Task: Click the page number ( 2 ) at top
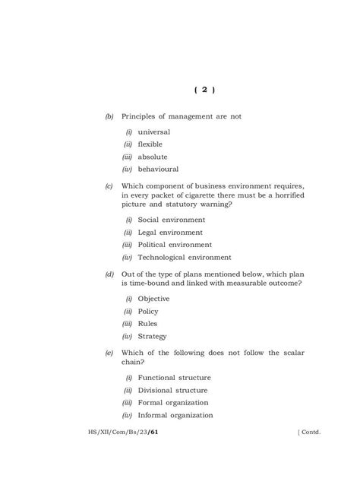[205, 90]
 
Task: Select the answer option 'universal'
[153, 132]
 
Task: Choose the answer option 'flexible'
[150, 144]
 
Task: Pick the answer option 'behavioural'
[158, 169]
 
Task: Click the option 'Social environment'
[172, 220]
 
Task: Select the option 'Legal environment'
[170, 232]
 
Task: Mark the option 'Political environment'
[175, 245]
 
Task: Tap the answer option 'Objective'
[153, 299]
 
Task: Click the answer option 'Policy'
[148, 311]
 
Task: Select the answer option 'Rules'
[147, 324]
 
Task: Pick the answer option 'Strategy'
[152, 336]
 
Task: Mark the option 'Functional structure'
[174, 378]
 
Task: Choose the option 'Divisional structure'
[174, 390]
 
